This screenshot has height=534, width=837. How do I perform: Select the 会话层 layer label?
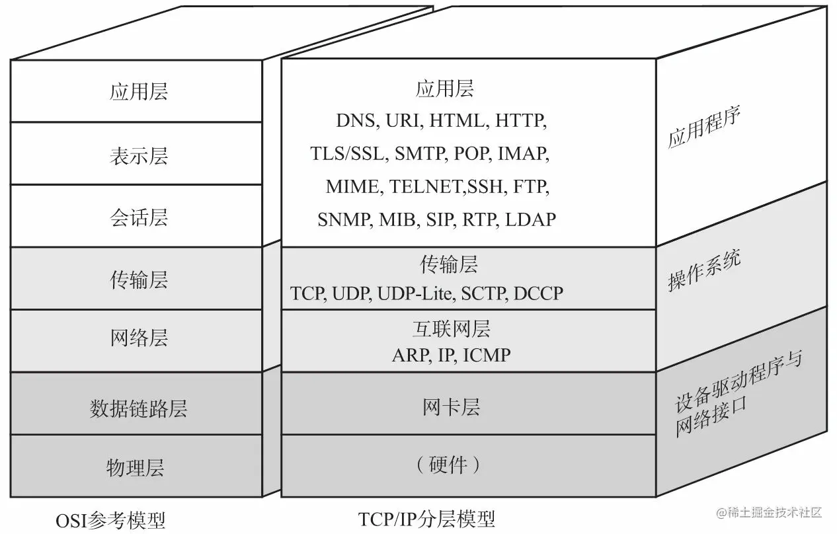pyautogui.click(x=138, y=217)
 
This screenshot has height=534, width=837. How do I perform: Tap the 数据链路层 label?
pyautogui.click(x=138, y=408)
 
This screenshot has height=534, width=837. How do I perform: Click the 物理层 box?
pyautogui.click(x=135, y=468)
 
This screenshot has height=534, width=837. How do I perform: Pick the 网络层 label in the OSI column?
pyautogui.click(x=138, y=338)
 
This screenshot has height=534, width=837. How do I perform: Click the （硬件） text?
pyautogui.click(x=448, y=465)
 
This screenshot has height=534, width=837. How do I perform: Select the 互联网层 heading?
pyautogui.click(x=451, y=328)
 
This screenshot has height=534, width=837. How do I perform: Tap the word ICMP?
pyautogui.click(x=487, y=356)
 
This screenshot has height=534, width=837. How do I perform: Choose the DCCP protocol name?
pyautogui.click(x=538, y=293)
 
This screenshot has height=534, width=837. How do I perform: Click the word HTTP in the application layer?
pyautogui.click(x=520, y=121)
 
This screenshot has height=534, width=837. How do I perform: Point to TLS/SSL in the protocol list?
pyautogui.click(x=347, y=154)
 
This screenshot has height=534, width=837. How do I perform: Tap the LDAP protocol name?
pyautogui.click(x=530, y=219)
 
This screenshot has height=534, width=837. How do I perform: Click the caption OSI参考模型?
pyautogui.click(x=110, y=520)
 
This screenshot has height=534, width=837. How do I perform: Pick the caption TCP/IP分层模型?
pyautogui.click(x=426, y=519)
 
